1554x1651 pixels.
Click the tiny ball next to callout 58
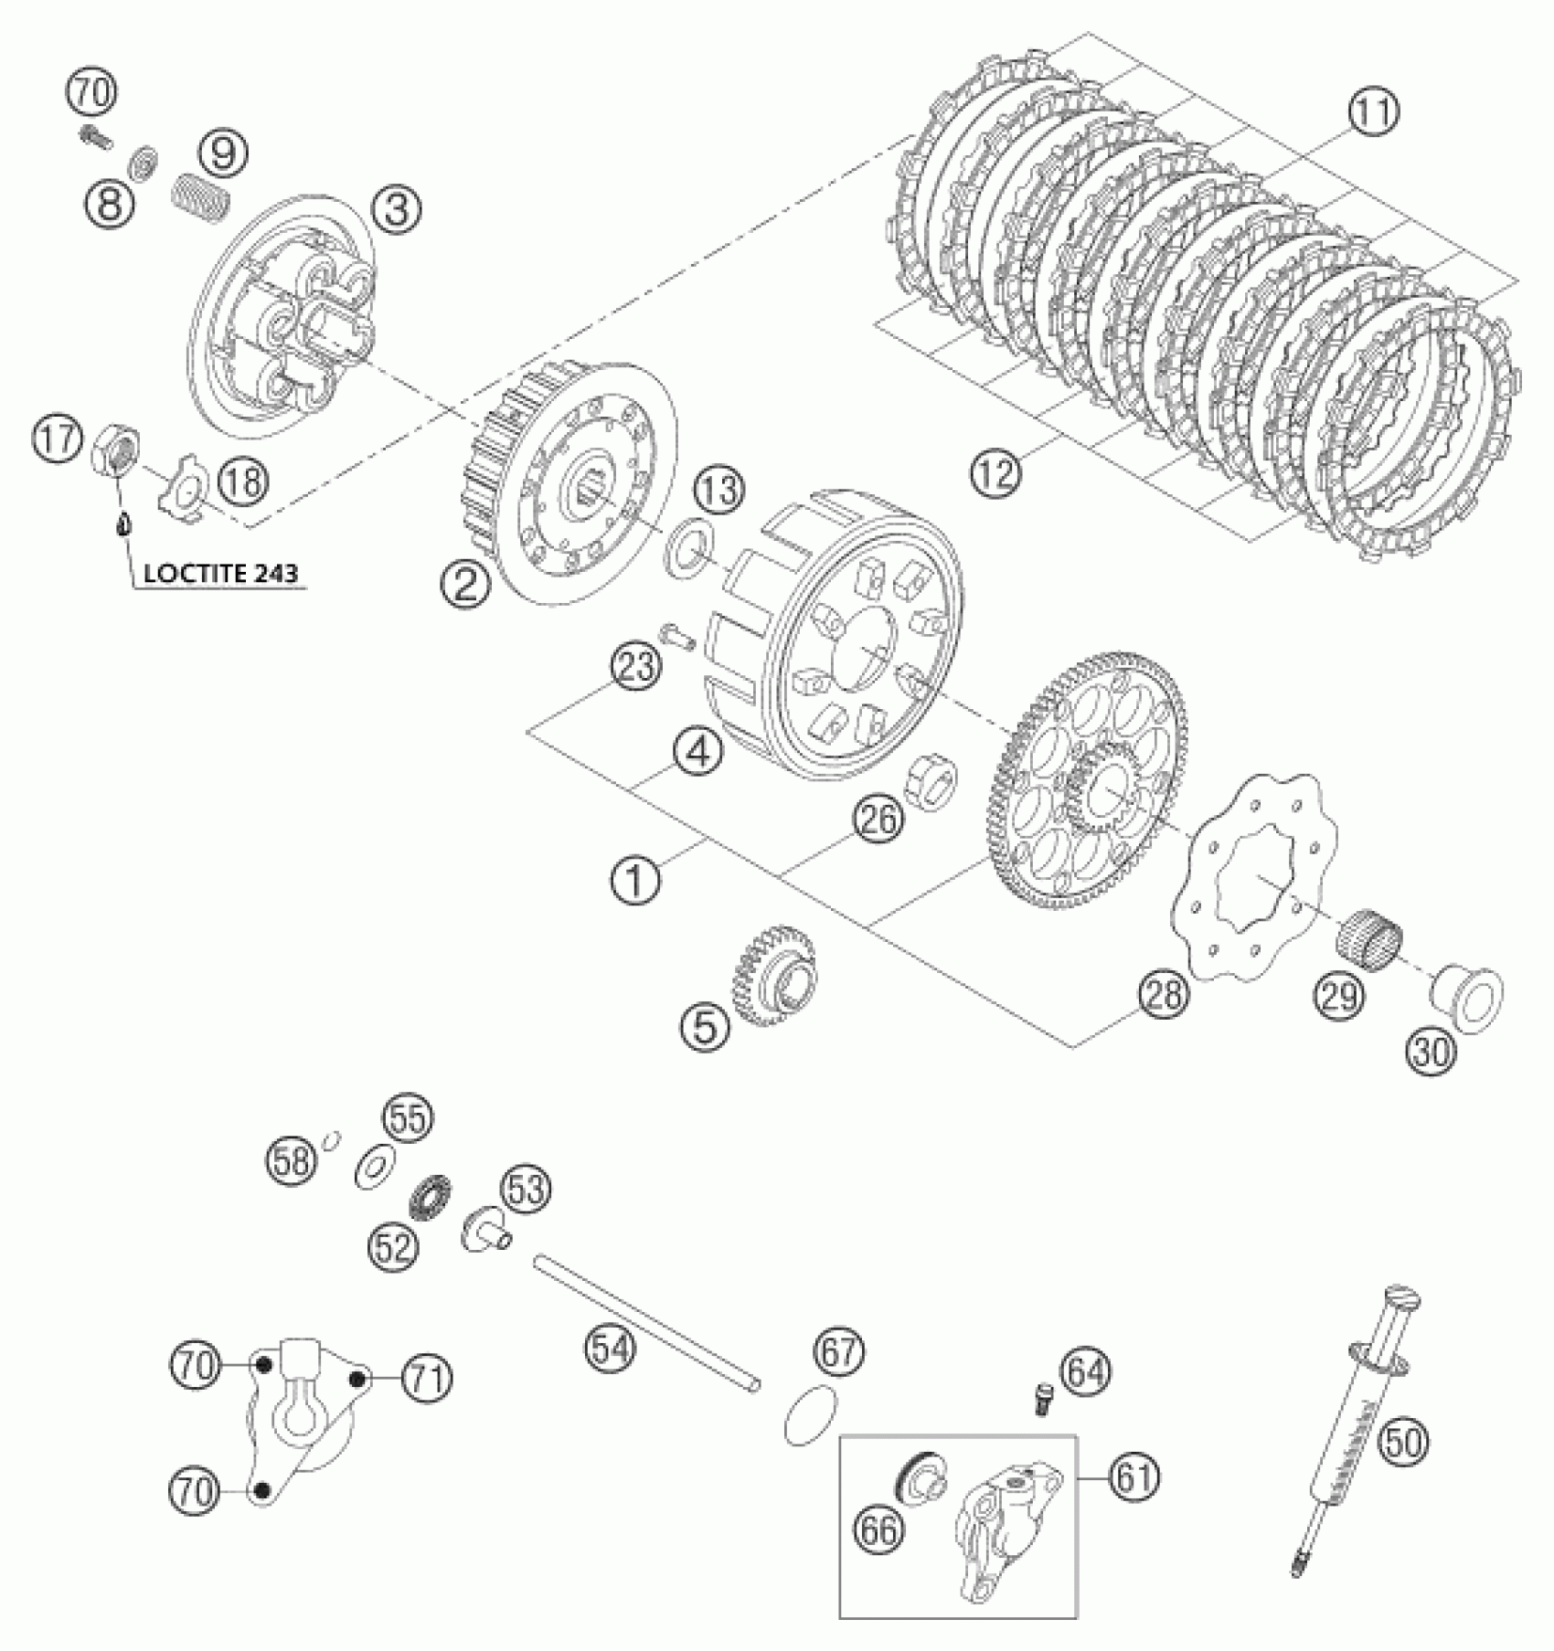pyautogui.click(x=334, y=1137)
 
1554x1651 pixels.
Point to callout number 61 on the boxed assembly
pyautogui.click(x=1134, y=1476)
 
